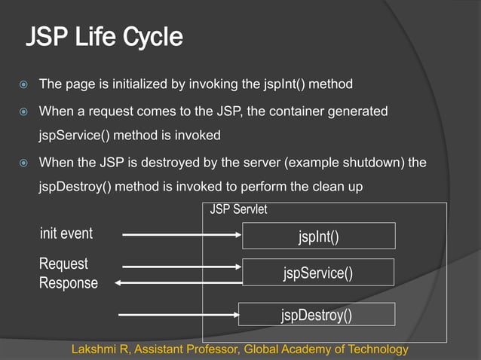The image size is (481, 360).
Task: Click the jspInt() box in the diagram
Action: click(318, 236)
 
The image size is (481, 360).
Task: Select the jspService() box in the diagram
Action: click(318, 272)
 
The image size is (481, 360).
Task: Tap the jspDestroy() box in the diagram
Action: click(317, 314)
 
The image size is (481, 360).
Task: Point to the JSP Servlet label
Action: click(238, 210)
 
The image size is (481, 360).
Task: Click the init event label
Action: click(66, 233)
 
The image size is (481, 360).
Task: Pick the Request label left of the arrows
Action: click(63, 264)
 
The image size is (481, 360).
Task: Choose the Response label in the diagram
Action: click(69, 283)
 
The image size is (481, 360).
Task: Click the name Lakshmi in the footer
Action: click(93, 349)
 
